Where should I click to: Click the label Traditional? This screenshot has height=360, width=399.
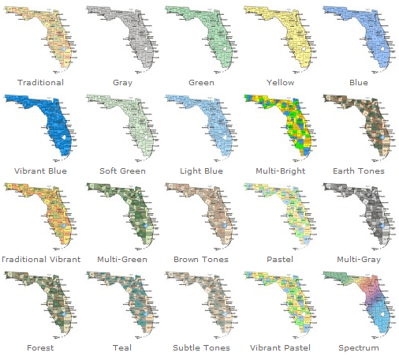40,82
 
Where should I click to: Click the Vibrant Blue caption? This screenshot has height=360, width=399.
40,171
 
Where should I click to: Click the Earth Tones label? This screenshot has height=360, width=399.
360,171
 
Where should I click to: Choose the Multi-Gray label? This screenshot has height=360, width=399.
360,259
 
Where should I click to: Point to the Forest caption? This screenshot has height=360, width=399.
40,347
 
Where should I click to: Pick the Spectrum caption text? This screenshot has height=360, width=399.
360,347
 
